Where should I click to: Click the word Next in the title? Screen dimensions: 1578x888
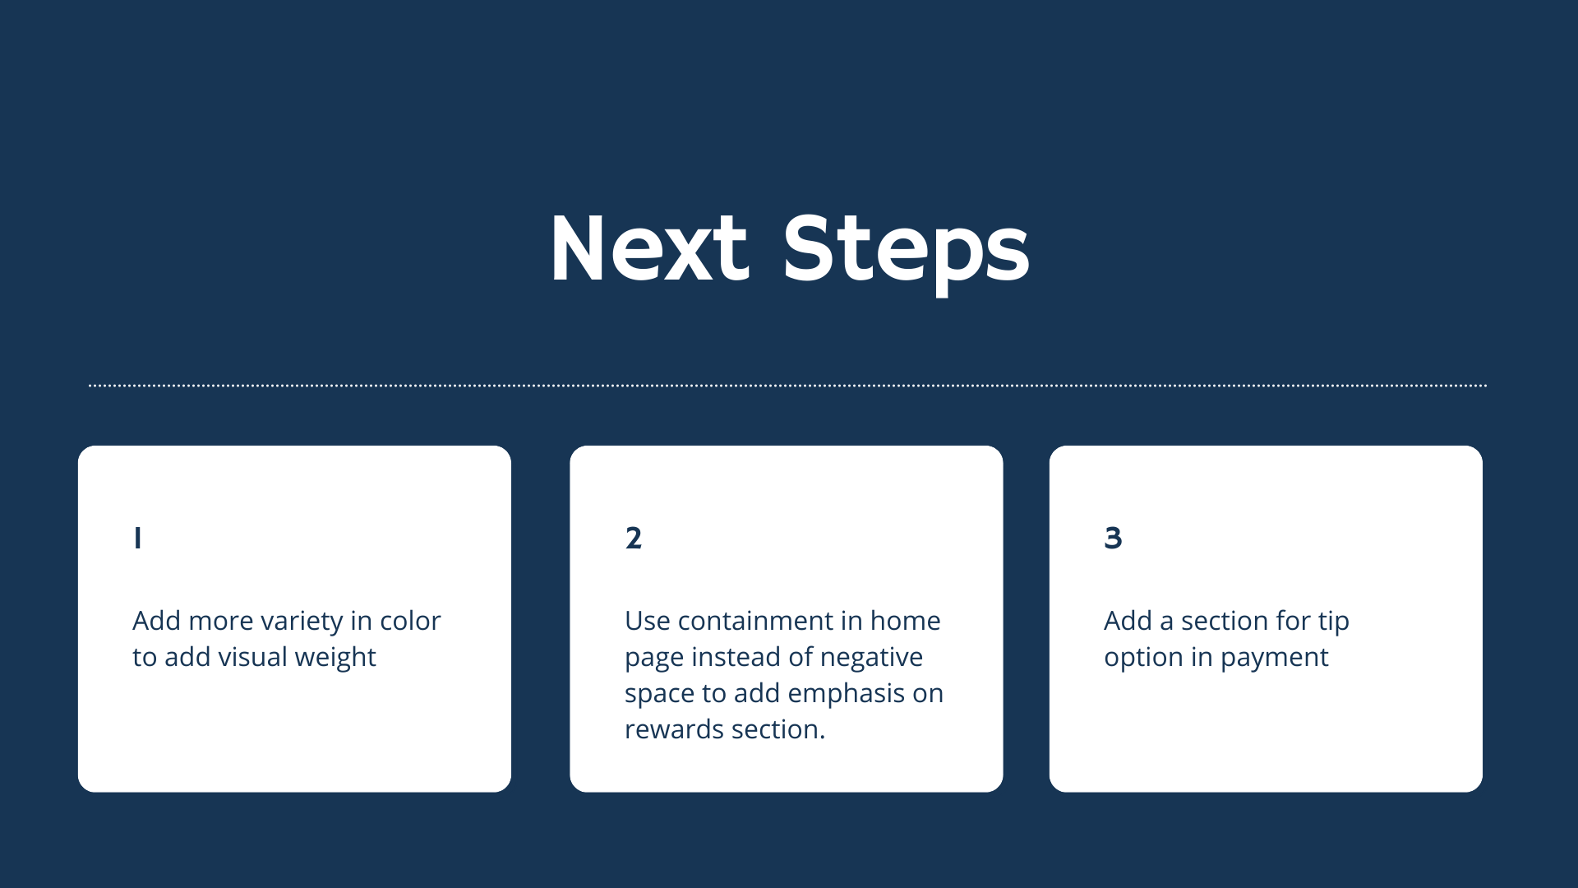click(x=649, y=248)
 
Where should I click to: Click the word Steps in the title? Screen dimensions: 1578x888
click(x=906, y=253)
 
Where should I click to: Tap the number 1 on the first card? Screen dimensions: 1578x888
click(x=137, y=538)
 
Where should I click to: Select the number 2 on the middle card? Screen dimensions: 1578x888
click(x=633, y=538)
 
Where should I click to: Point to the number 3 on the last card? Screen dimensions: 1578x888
click(x=1113, y=538)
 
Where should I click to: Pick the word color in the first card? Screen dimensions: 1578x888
click(x=410, y=621)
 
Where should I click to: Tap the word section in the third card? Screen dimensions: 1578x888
click(x=1225, y=621)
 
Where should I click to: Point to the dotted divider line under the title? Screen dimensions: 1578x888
click(x=787, y=385)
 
